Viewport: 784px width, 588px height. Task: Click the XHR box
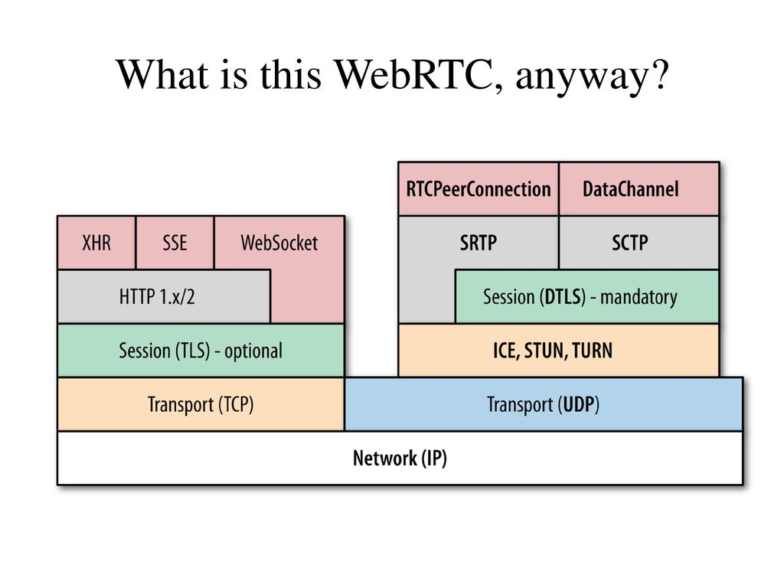coord(96,243)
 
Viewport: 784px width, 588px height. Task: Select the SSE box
coord(175,243)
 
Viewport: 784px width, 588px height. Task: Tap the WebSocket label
coord(279,243)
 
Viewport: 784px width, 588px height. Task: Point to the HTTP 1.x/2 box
coord(164,296)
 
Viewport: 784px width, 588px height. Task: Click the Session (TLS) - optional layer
coord(201,351)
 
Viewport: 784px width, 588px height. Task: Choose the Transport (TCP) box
coord(201,404)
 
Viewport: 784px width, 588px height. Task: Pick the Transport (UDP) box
coord(544,404)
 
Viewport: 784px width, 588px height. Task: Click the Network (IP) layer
coord(400,458)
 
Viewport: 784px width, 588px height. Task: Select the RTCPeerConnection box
coord(479,189)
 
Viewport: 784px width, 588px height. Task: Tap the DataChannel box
coord(639,189)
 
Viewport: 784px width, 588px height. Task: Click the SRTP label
coord(479,243)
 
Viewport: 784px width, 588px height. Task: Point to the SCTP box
coord(639,243)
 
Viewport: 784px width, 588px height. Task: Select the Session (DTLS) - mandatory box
coord(587,296)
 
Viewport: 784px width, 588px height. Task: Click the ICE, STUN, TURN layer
coord(558,351)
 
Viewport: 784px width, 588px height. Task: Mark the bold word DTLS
coord(563,297)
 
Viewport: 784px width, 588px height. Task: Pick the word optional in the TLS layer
coord(253,351)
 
